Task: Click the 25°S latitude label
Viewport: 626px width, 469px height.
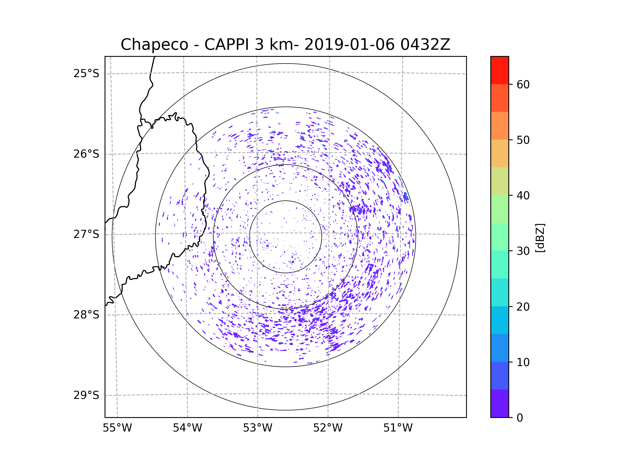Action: (x=86, y=73)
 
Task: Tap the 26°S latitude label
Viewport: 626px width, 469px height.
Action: (x=86, y=154)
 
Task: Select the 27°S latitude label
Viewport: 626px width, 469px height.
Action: (x=86, y=234)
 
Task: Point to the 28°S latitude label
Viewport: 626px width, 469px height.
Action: (x=86, y=315)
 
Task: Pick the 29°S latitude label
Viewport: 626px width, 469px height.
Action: (x=86, y=395)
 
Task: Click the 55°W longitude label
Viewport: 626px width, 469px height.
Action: (x=117, y=428)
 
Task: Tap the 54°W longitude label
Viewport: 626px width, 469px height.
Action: (x=187, y=428)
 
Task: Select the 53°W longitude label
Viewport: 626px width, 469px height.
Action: (x=257, y=428)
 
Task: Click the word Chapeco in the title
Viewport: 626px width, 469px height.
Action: (x=154, y=45)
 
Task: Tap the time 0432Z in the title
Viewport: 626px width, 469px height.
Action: (x=425, y=45)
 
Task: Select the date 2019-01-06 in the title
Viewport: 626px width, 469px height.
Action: (x=349, y=45)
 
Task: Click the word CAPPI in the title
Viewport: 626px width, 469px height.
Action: (x=226, y=45)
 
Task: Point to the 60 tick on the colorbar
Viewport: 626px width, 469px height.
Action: (x=523, y=84)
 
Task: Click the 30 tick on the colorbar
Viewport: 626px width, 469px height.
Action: (x=523, y=251)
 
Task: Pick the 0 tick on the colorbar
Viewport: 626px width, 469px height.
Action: (x=520, y=418)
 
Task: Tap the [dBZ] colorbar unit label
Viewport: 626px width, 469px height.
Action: (x=540, y=238)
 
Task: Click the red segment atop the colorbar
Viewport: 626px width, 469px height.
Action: (x=499, y=70)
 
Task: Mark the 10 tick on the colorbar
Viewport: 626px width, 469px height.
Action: (x=523, y=362)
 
